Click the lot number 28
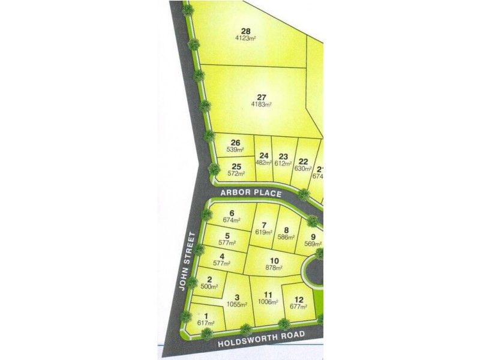coord(245,31)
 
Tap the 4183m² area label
coord(261,104)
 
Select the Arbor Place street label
coord(251,193)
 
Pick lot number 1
coord(206,316)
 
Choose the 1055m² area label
coord(237,305)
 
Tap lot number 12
coord(298,299)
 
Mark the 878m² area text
coord(274,268)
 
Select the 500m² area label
coord(209,286)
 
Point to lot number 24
coord(264,156)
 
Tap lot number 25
coord(236,166)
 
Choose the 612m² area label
coord(283,163)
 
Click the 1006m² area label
coord(268,302)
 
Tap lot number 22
coord(304,161)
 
